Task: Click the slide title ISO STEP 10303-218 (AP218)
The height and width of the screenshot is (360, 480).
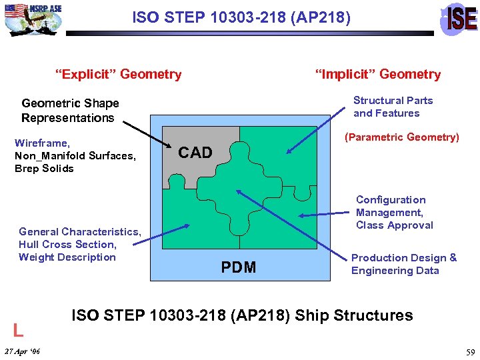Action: [241, 17]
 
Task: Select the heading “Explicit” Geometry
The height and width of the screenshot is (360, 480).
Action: [121, 74]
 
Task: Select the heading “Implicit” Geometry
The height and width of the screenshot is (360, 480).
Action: [378, 74]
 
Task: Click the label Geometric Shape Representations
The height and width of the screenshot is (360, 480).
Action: [69, 111]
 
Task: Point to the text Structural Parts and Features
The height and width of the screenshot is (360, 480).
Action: [392, 107]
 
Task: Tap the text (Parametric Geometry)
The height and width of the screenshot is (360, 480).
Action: [401, 137]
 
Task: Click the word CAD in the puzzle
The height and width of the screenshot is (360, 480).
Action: [195, 153]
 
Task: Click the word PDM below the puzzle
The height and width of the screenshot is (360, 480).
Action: [239, 267]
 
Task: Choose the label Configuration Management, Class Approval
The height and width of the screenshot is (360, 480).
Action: [395, 212]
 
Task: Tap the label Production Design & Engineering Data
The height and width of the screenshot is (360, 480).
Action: [404, 264]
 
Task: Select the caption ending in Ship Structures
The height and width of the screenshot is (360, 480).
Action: [242, 315]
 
